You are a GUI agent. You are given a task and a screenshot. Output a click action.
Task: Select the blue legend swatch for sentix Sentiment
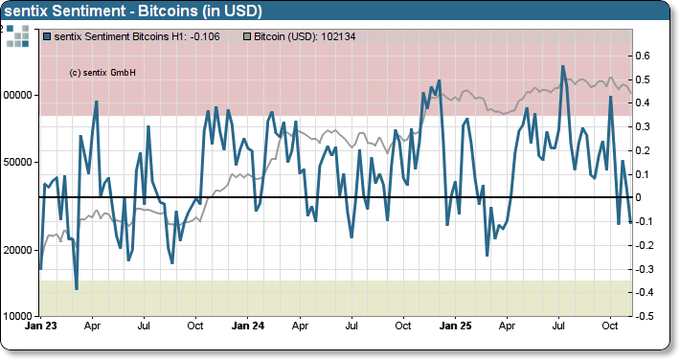pyautogui.click(x=48, y=36)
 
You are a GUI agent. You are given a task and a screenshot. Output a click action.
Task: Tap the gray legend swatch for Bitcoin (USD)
pyautogui.click(x=249, y=36)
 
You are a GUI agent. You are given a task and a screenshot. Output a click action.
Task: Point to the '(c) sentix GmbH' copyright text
pyautogui.click(x=102, y=72)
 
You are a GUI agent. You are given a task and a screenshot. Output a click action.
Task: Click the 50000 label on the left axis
pyautogui.click(x=18, y=162)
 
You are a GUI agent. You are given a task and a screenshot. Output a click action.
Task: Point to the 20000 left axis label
pyautogui.click(x=18, y=250)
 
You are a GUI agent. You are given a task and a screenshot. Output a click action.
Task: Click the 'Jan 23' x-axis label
pyautogui.click(x=41, y=326)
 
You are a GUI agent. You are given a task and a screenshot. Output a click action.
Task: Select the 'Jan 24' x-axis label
pyautogui.click(x=248, y=326)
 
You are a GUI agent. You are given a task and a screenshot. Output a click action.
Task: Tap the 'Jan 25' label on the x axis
pyautogui.click(x=455, y=326)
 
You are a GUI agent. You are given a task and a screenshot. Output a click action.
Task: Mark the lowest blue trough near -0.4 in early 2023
pyautogui.click(x=76, y=288)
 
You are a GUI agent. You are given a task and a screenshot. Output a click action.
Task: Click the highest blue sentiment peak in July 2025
pyautogui.click(x=563, y=66)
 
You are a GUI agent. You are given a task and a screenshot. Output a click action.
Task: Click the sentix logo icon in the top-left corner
pyautogui.click(x=17, y=37)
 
